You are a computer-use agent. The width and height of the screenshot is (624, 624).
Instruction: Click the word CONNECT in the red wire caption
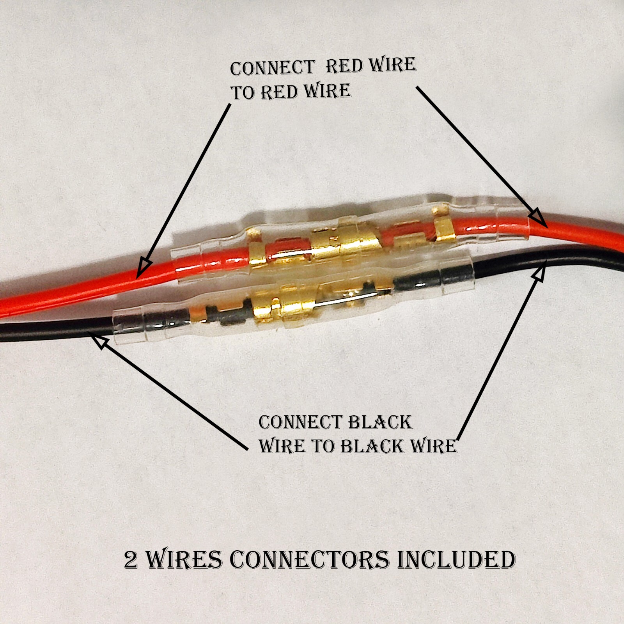coord(272,68)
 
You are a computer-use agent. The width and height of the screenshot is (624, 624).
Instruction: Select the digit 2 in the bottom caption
coord(131,560)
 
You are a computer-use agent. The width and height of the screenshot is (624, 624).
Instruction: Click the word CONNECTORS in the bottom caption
coord(310,560)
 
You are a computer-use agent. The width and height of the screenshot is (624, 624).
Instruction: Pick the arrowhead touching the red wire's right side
coord(538,218)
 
